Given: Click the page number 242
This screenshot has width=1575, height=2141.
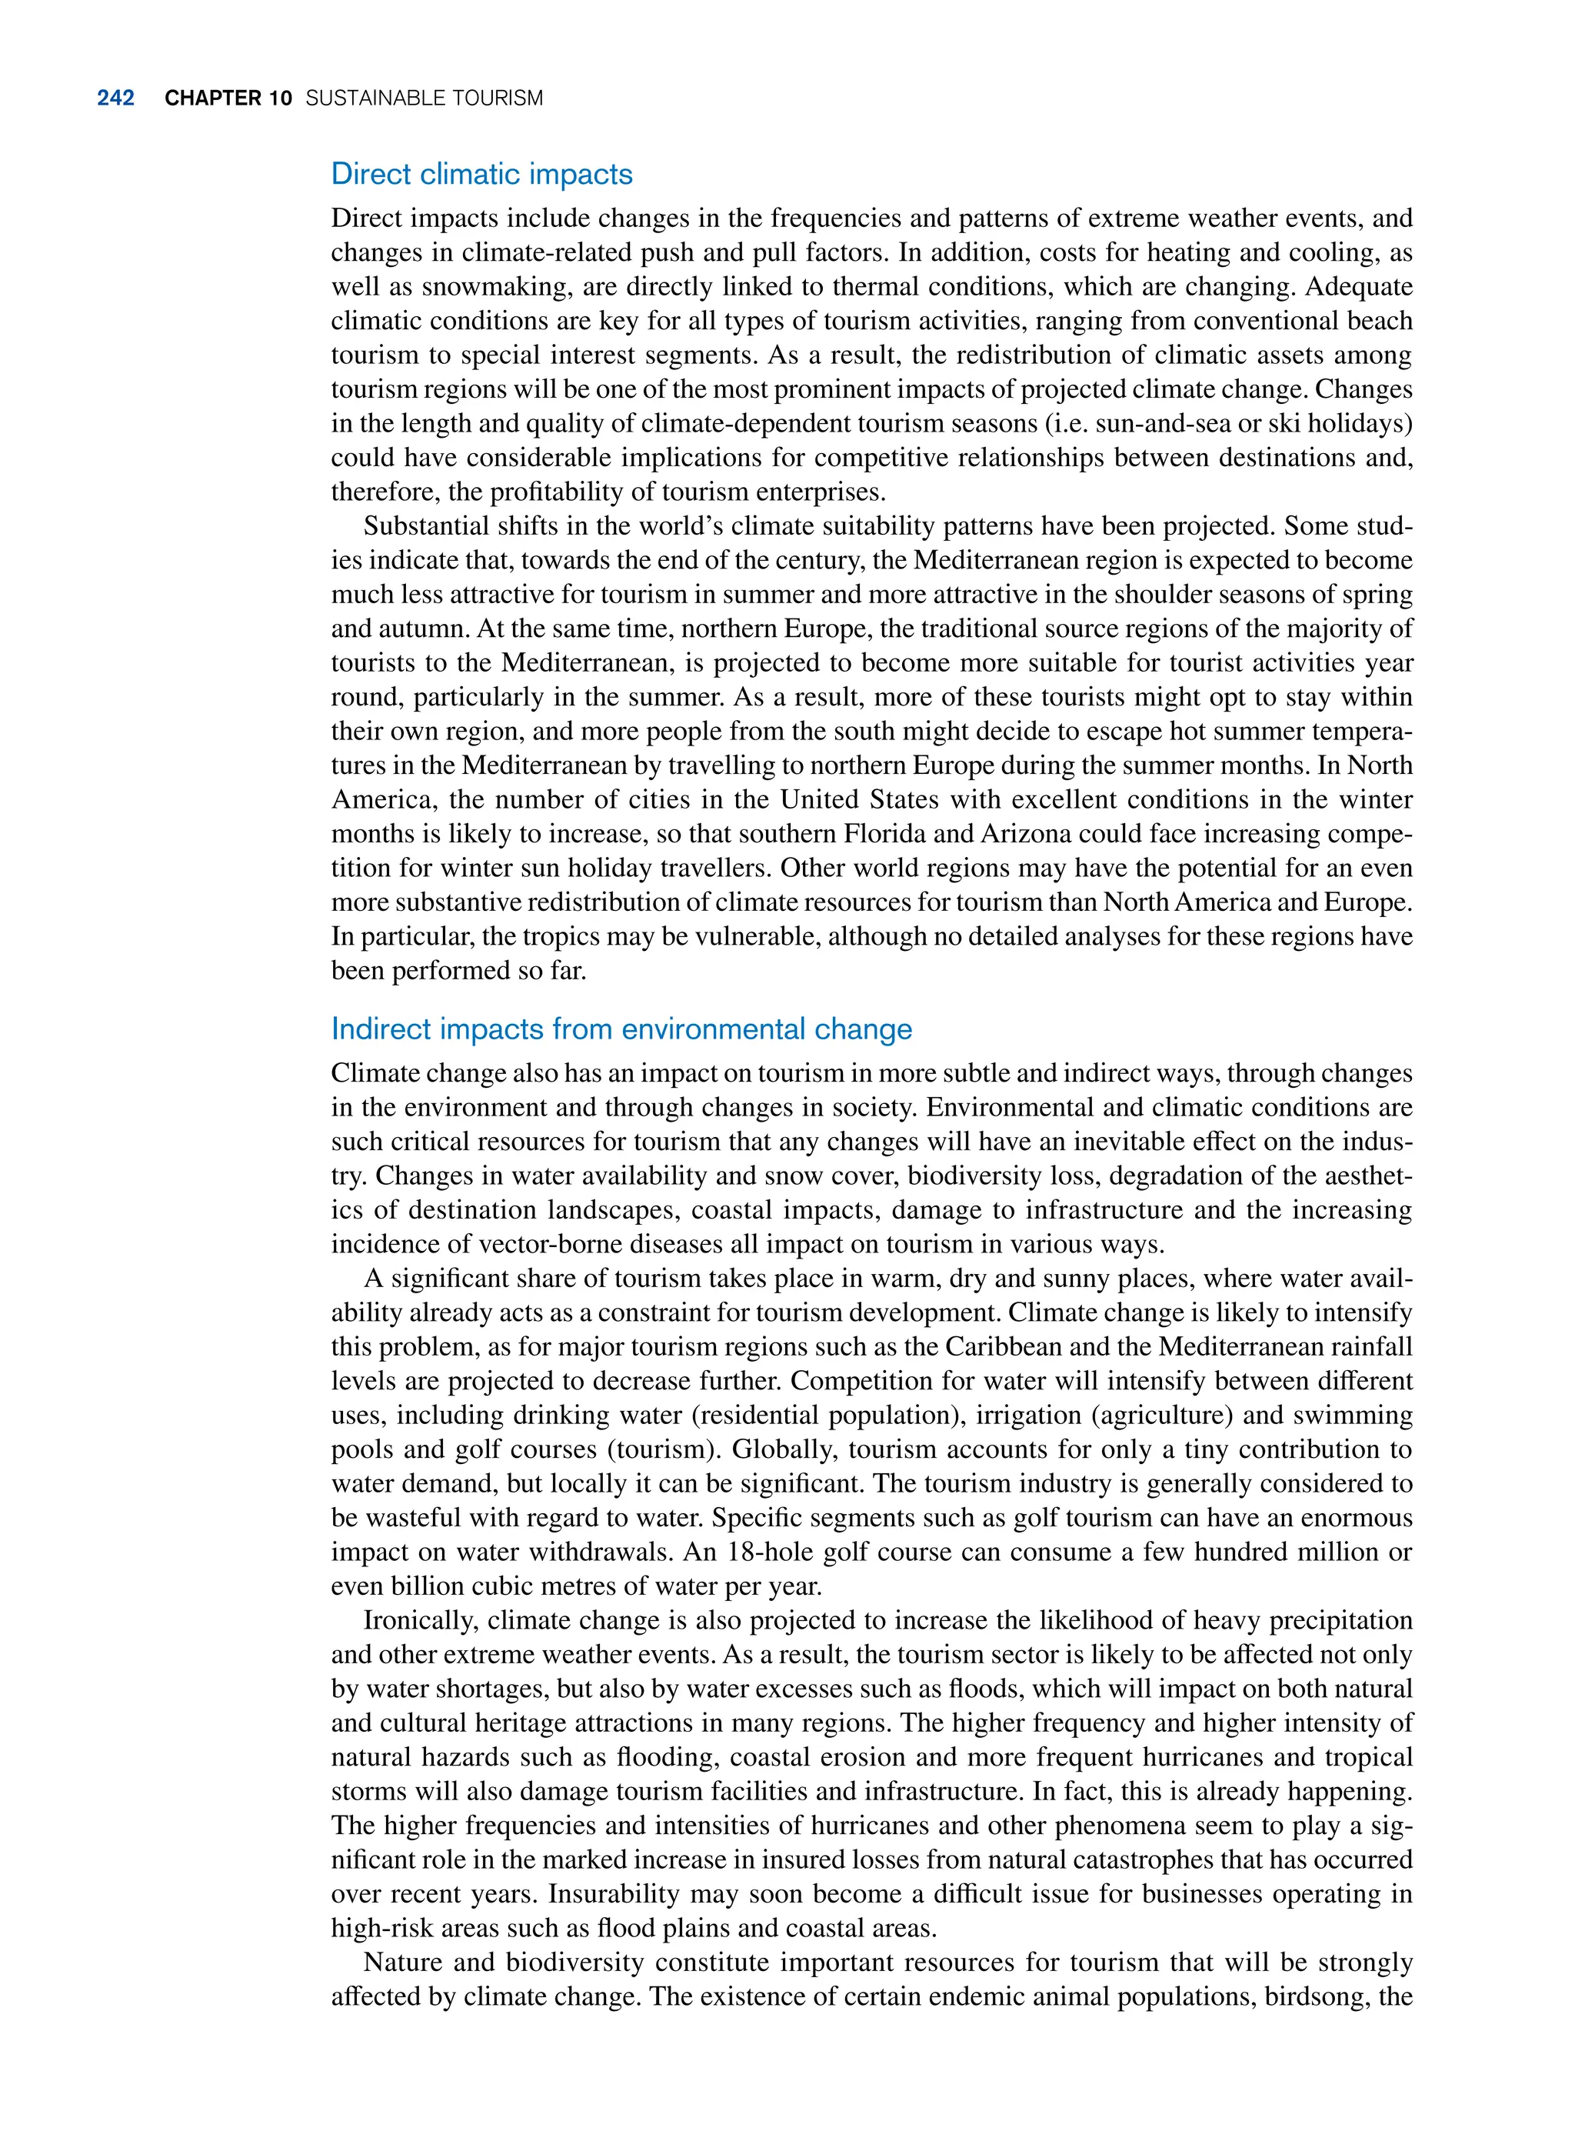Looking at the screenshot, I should pyautogui.click(x=115, y=98).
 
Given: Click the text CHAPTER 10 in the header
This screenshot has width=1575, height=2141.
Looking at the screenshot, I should pyautogui.click(x=228, y=98).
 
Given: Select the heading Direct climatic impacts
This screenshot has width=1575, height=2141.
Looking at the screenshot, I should pyautogui.click(x=481, y=174).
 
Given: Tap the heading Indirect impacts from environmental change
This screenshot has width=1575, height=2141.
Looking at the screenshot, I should pyautogui.click(x=621, y=1029).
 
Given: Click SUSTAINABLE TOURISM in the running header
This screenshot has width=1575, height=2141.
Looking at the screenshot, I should pyautogui.click(x=425, y=98).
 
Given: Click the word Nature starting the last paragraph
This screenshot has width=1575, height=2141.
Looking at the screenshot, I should pyautogui.click(x=406, y=1963).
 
